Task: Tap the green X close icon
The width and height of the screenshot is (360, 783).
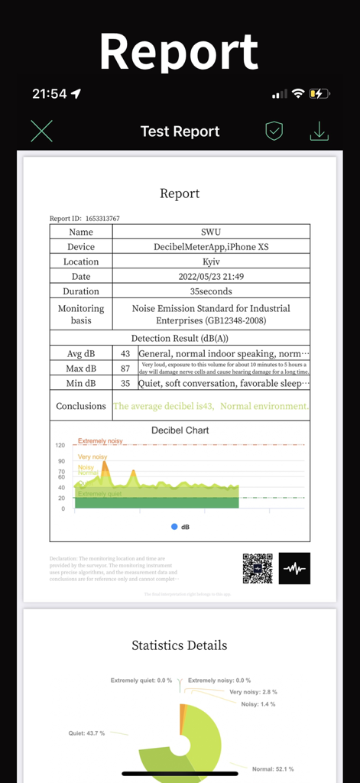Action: click(42, 132)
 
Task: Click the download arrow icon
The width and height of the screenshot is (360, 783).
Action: click(319, 132)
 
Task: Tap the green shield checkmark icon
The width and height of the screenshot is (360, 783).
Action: click(274, 132)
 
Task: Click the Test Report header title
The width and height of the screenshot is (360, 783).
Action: click(180, 132)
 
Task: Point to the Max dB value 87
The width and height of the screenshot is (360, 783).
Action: click(125, 369)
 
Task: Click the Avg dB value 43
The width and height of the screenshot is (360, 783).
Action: click(125, 353)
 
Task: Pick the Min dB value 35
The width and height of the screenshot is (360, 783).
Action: click(125, 383)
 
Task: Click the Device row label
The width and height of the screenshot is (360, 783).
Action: click(81, 247)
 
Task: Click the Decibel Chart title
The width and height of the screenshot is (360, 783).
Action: click(180, 430)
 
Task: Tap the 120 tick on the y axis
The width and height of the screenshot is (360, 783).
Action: click(60, 445)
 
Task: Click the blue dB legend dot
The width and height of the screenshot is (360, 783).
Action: click(174, 527)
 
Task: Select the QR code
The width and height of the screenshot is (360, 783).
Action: click(258, 568)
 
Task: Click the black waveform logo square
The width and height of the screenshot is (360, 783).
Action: click(294, 568)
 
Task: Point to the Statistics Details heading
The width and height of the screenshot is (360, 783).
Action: click(180, 645)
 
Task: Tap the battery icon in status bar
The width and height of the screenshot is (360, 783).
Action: click(319, 93)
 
